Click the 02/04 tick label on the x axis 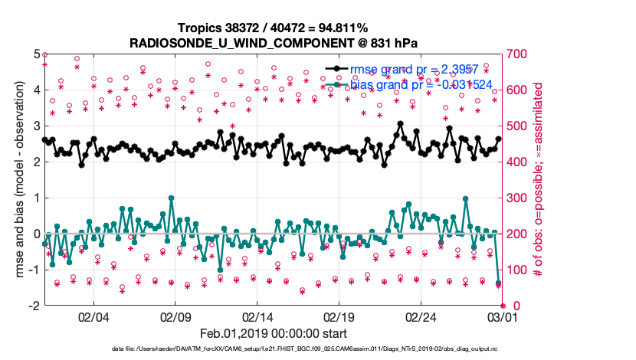pos(93,316)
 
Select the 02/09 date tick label pos(175,316)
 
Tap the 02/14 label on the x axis pos(257,316)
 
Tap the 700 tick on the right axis pos(516,54)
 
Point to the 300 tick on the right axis pos(516,198)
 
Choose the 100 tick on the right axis pos(516,269)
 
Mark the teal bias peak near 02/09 pos(171,198)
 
